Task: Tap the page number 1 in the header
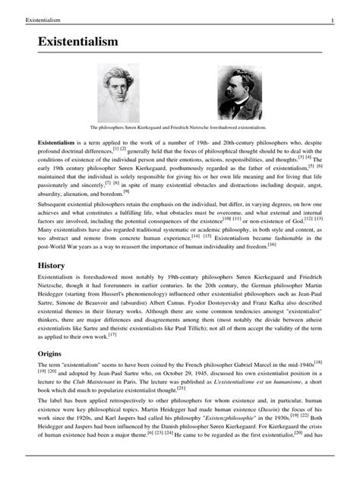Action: tap(343, 18)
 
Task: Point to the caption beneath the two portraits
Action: tap(180, 128)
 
